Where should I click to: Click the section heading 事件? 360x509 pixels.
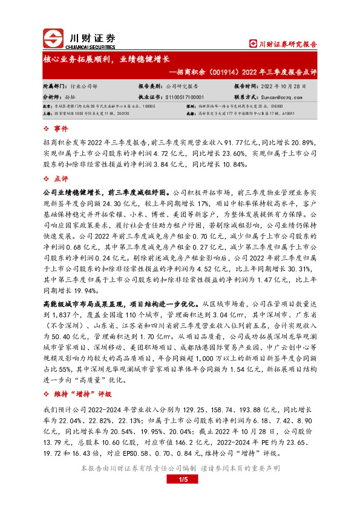click(x=61, y=129)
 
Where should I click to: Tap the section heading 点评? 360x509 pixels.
click(x=61, y=178)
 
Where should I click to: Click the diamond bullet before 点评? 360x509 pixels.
click(x=47, y=178)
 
